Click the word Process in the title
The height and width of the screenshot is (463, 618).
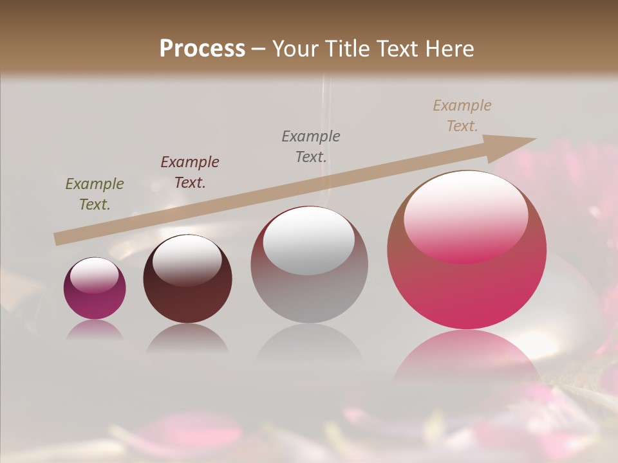(x=202, y=49)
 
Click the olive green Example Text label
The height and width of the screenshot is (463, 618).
(x=95, y=194)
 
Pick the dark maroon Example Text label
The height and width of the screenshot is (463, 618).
(x=190, y=172)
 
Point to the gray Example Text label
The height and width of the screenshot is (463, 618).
(x=311, y=146)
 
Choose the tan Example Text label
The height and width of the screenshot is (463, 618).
(x=462, y=116)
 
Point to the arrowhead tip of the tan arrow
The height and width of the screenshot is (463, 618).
(x=535, y=139)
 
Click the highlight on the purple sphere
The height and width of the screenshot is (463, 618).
(x=94, y=275)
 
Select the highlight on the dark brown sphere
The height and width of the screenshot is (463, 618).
(x=187, y=260)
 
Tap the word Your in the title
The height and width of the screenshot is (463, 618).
(x=295, y=49)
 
